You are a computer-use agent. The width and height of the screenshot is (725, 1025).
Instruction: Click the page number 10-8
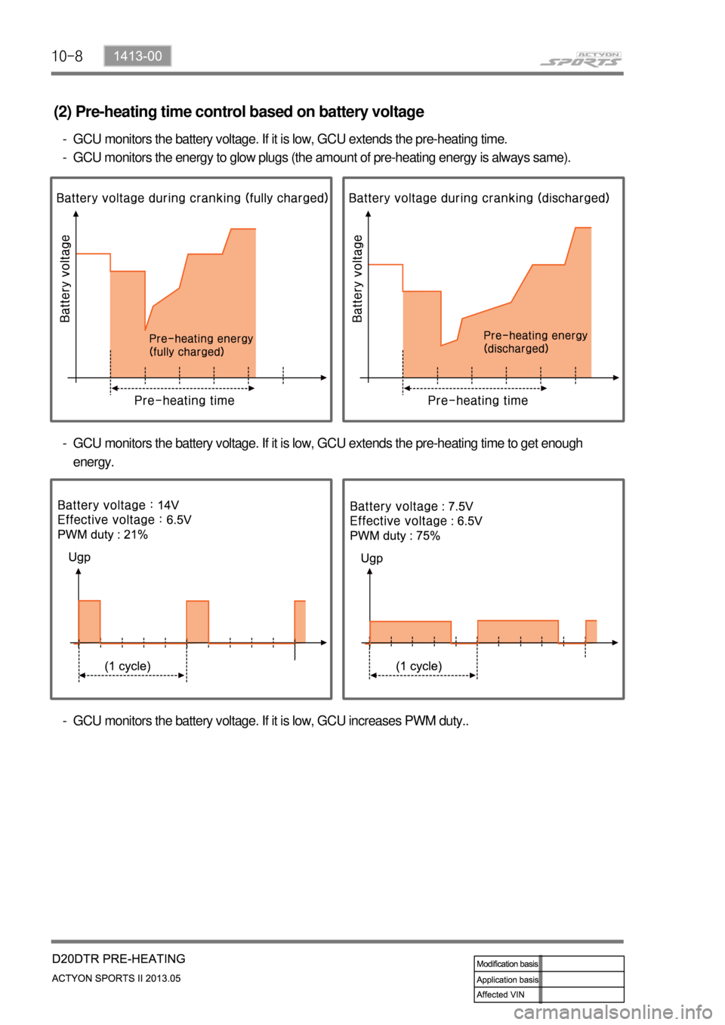pyautogui.click(x=66, y=56)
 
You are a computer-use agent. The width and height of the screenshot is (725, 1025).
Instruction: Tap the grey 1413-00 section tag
pyautogui.click(x=137, y=56)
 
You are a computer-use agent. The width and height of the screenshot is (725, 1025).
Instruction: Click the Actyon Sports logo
pyautogui.click(x=581, y=60)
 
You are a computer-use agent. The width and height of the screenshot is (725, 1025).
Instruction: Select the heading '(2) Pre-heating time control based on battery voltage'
pyautogui.click(x=239, y=112)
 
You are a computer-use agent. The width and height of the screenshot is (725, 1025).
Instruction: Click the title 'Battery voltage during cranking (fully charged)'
pyautogui.click(x=192, y=198)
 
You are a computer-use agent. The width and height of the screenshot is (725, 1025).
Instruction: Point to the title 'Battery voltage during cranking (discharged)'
pyautogui.click(x=479, y=198)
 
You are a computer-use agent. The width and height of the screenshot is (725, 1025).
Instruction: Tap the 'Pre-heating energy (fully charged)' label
pyautogui.click(x=201, y=345)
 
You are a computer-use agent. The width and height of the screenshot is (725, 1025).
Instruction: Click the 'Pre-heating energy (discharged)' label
pyautogui.click(x=535, y=342)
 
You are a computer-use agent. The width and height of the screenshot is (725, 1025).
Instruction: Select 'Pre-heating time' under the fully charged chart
pyautogui.click(x=184, y=401)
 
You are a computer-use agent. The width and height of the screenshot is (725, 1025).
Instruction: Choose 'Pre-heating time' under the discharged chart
pyautogui.click(x=478, y=401)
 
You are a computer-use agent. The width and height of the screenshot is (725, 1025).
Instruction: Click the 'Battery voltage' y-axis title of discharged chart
pyautogui.click(x=357, y=279)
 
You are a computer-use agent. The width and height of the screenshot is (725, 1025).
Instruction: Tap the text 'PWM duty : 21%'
pyautogui.click(x=103, y=534)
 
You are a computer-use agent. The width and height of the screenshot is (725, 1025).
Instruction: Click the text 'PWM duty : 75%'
pyautogui.click(x=395, y=536)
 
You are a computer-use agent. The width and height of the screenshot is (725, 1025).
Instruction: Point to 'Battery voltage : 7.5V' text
pyautogui.click(x=412, y=506)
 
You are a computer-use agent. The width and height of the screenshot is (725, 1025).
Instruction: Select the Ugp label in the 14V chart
pyautogui.click(x=79, y=557)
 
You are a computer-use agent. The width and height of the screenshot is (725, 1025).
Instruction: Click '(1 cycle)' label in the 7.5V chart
pyautogui.click(x=419, y=666)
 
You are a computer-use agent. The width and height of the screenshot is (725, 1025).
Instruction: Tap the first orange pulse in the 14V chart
pyautogui.click(x=89, y=621)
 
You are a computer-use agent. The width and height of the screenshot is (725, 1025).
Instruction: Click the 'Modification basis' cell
pyautogui.click(x=507, y=964)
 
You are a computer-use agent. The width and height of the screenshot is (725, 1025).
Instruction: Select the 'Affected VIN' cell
pyautogui.click(x=501, y=995)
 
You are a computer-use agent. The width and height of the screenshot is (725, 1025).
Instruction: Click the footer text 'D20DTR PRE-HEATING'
pyautogui.click(x=119, y=959)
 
